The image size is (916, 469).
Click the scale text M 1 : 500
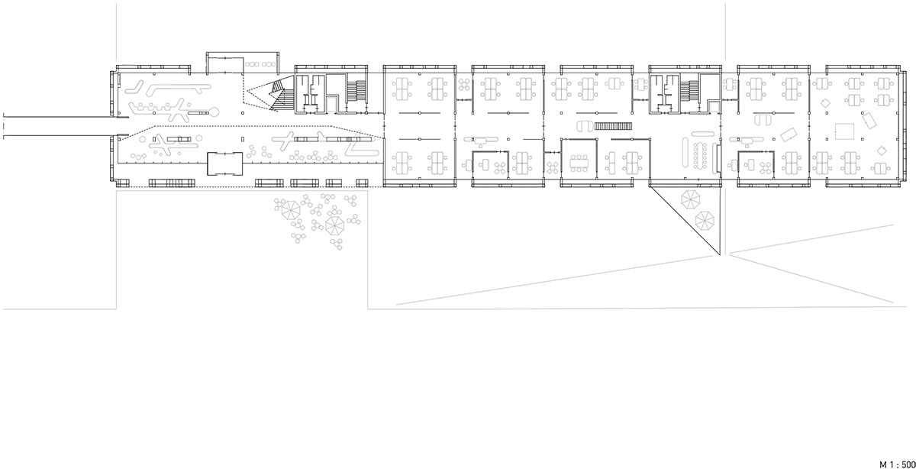click(x=897, y=464)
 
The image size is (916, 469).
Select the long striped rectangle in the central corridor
click(x=614, y=126)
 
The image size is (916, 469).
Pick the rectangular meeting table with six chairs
click(x=579, y=163)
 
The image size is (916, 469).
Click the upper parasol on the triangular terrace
click(x=691, y=199)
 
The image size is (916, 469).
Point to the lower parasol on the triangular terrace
click(x=705, y=220)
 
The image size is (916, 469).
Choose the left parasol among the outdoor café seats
click(x=291, y=210)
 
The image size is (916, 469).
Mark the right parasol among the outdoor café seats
click(x=334, y=225)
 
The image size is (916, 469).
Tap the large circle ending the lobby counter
click(x=214, y=111)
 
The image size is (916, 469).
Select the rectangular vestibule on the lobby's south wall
click(x=224, y=163)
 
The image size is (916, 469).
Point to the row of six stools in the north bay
click(x=260, y=64)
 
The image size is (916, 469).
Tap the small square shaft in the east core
click(x=714, y=106)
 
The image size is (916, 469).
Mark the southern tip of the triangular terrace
click(x=719, y=255)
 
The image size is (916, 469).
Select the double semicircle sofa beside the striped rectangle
click(x=585, y=126)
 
